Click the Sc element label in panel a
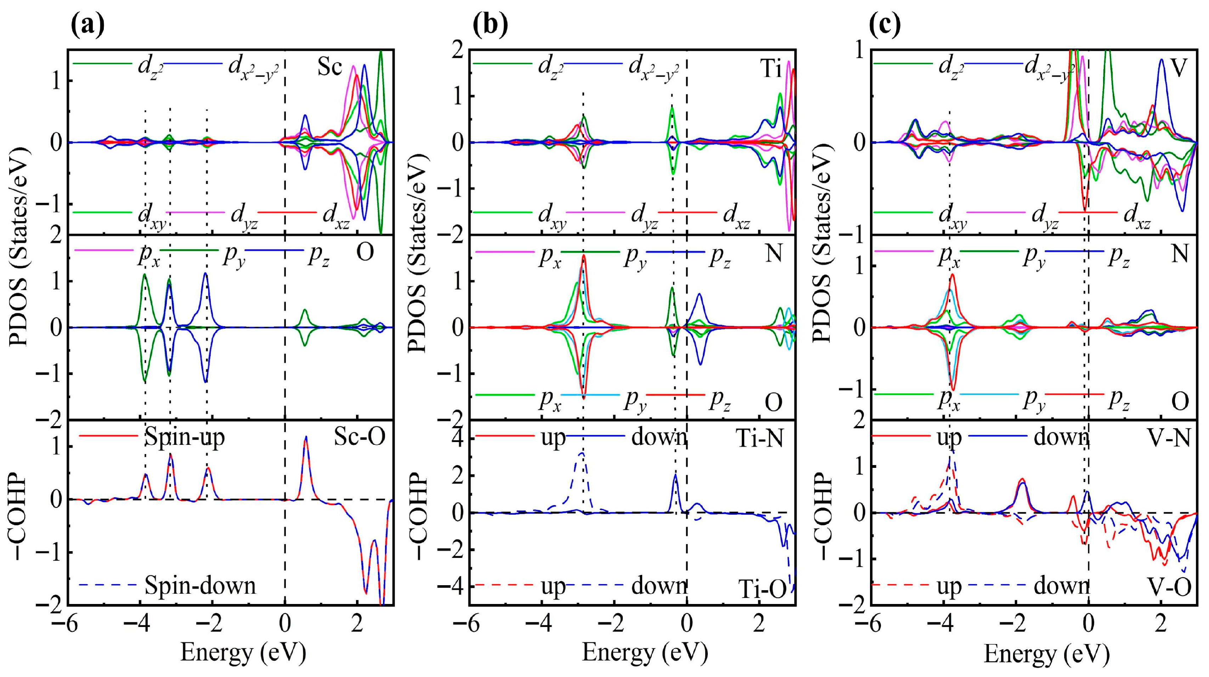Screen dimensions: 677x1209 click(x=329, y=67)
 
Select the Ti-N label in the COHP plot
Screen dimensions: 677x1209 click(x=759, y=438)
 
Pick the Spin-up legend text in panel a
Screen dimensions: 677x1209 click(x=185, y=437)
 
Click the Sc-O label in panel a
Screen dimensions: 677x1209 click(x=359, y=437)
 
